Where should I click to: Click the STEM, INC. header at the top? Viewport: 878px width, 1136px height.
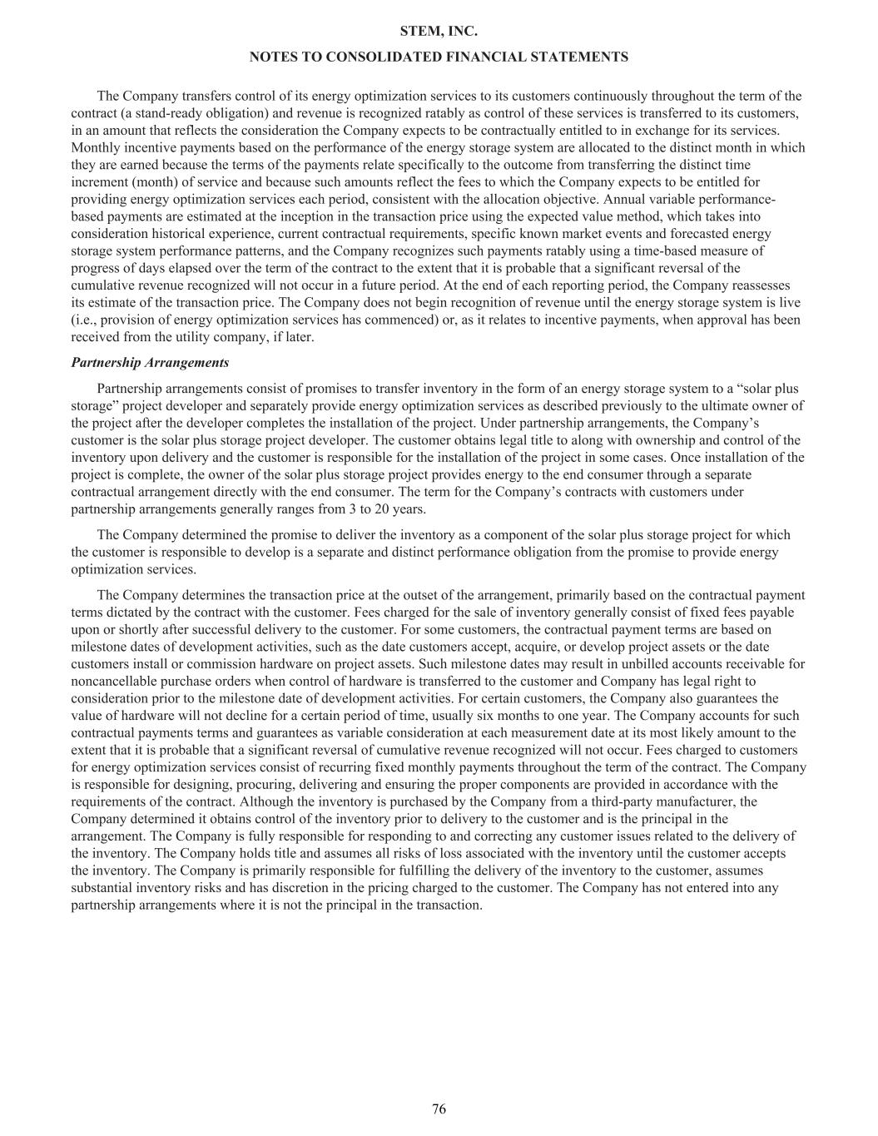[439, 32]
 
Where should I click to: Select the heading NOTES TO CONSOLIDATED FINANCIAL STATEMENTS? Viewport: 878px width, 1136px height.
[439, 57]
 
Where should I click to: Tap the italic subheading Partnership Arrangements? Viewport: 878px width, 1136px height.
[150, 363]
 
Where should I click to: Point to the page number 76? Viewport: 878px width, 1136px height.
[439, 1109]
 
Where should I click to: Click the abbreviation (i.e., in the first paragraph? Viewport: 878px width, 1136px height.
[87, 320]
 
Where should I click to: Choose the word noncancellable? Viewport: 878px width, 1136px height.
[111, 682]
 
